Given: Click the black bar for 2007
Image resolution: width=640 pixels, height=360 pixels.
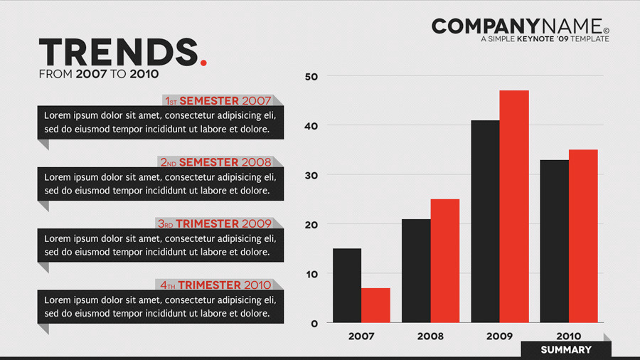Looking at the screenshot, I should pos(347,285).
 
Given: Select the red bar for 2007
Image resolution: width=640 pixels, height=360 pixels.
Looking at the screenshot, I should pos(375,305).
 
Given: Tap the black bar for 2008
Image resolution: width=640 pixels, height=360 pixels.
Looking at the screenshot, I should pos(416,270).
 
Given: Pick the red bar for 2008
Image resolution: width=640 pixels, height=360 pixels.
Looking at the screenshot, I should pos(444,260).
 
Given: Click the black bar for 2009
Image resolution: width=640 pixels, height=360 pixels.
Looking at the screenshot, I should pos(485,221).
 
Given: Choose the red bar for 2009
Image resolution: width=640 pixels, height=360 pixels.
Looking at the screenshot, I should pos(514,206).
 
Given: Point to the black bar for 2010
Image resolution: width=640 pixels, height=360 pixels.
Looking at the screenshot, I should pos(554,241).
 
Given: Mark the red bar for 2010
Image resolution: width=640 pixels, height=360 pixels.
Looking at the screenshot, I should pos(583,236).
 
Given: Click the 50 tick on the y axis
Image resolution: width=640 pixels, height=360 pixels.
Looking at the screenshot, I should pos(311,76).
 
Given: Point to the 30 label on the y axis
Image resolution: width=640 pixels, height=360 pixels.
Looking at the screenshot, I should pos(311,175).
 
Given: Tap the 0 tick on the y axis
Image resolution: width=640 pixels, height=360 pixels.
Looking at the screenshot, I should pos(314,324).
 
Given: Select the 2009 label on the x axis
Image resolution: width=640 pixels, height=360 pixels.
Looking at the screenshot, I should pos(499,336).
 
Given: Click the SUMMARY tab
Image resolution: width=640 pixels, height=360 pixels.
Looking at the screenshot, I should pos(566,349).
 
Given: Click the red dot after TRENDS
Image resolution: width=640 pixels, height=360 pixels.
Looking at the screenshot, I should pos(204,63).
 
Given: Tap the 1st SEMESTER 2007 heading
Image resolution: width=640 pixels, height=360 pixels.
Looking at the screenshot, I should pos(218,101).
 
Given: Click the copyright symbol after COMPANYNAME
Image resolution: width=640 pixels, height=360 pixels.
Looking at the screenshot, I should pos(606,31).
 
